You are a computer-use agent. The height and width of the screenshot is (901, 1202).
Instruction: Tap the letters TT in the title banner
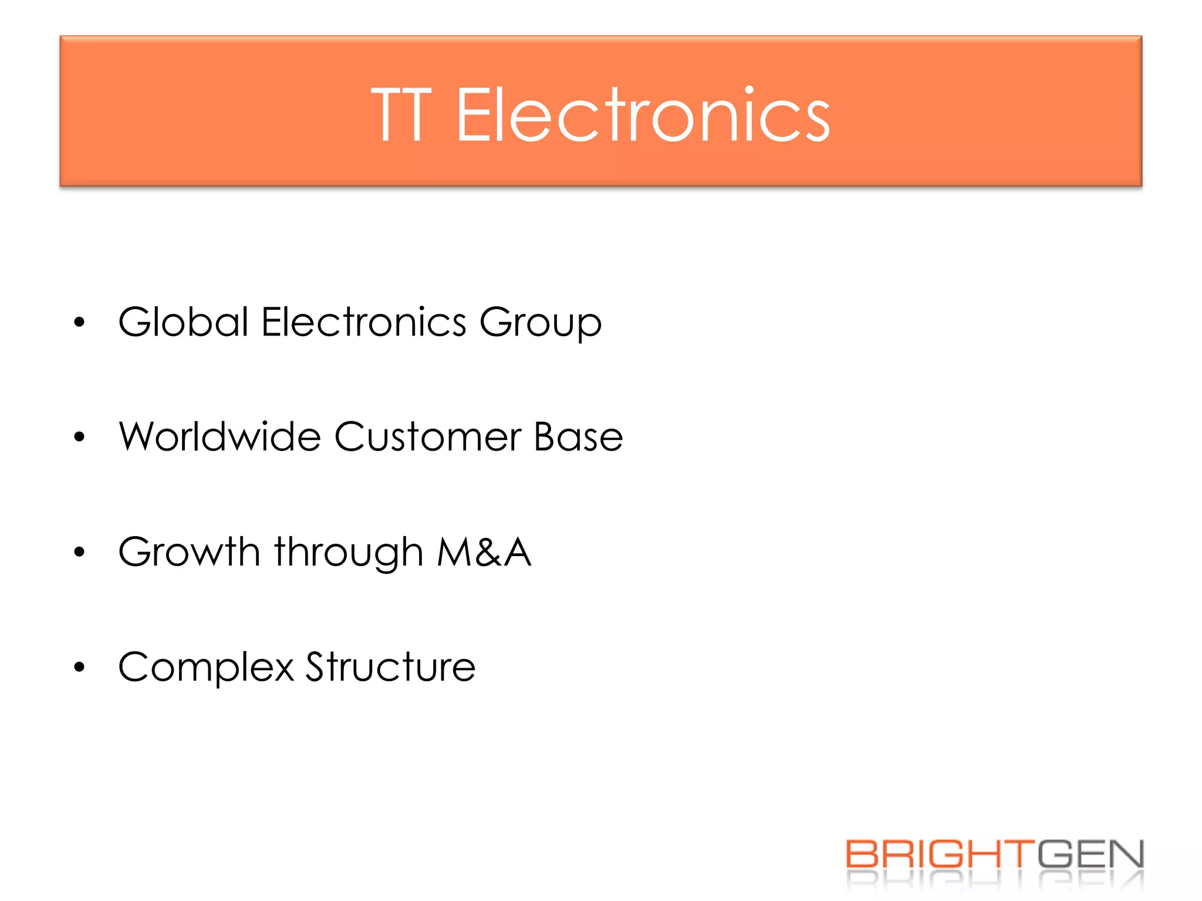(x=401, y=116)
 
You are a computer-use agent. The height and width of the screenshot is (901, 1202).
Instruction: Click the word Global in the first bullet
(x=184, y=322)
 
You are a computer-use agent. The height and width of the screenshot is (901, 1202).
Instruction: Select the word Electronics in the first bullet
(x=364, y=322)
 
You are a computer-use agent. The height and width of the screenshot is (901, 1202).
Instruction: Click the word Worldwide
(x=220, y=437)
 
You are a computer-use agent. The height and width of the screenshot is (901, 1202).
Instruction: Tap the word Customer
(x=428, y=437)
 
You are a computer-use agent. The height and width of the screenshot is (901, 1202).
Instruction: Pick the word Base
(x=578, y=437)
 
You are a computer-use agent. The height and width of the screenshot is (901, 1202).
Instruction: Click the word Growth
(x=189, y=552)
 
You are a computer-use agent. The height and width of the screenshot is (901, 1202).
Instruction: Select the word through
(x=349, y=553)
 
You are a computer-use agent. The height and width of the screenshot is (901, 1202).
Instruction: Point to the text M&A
(x=484, y=552)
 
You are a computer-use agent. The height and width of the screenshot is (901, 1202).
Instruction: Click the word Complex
(x=206, y=668)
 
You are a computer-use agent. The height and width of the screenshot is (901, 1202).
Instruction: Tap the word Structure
(x=390, y=667)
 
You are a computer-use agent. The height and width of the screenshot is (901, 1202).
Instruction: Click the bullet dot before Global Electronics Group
(x=80, y=322)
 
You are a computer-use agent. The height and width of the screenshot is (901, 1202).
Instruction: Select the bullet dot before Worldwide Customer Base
(x=80, y=437)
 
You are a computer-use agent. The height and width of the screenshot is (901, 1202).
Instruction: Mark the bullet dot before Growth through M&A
(x=80, y=552)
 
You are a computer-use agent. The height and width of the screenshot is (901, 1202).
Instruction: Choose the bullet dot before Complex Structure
(x=80, y=667)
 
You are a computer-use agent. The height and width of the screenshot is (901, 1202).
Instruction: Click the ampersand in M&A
(x=488, y=553)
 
